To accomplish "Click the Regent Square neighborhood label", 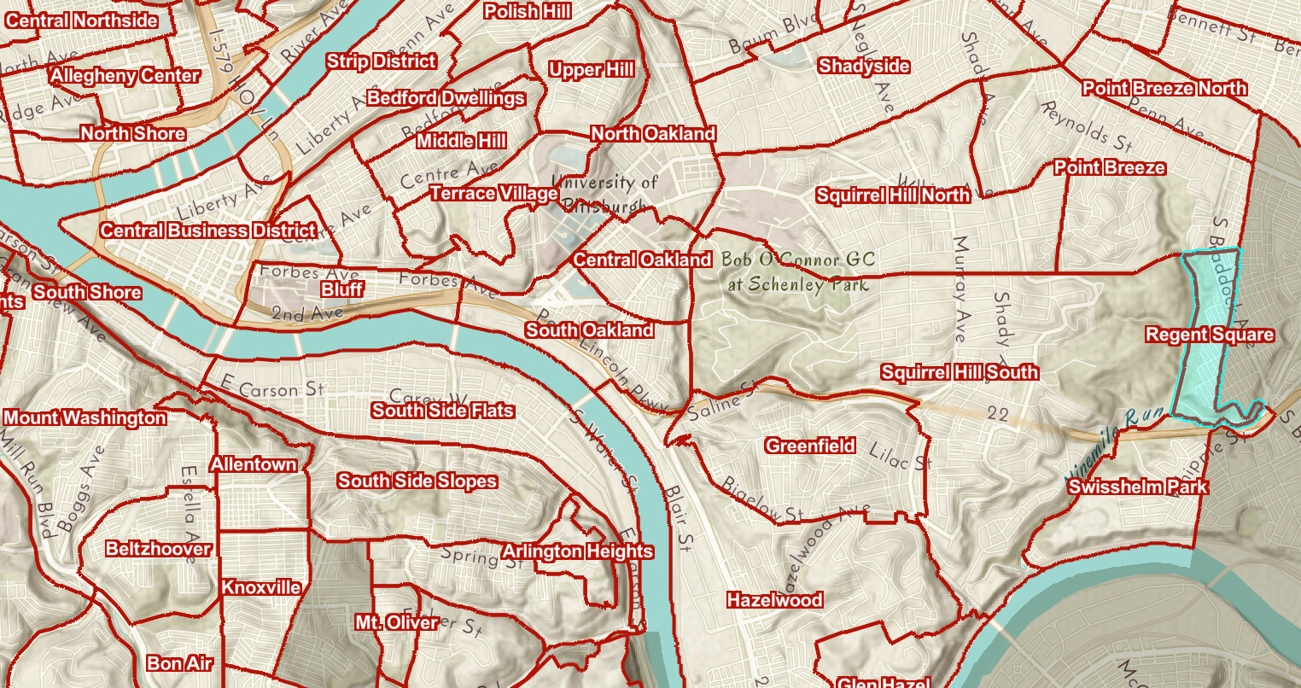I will [1210, 335].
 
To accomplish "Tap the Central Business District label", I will [208, 230].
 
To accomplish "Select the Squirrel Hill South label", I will [960, 372].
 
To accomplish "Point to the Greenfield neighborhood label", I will [810, 446].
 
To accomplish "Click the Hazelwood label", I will [774, 600].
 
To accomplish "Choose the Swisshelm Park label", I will [1138, 487].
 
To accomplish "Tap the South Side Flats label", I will [443, 411].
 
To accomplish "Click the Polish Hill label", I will [527, 11].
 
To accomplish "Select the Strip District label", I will [382, 61].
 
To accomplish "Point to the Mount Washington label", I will [85, 418].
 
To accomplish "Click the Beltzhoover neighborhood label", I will [159, 549].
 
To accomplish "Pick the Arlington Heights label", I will [578, 551].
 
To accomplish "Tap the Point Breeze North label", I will [1164, 88].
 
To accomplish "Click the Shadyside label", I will [864, 66].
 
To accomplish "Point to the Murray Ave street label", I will [960, 290].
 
